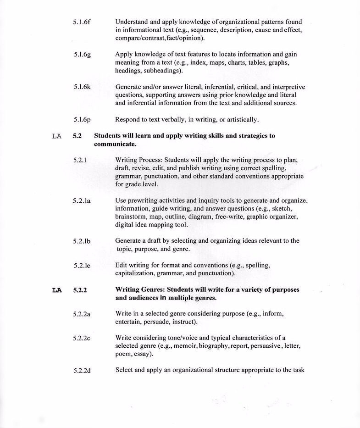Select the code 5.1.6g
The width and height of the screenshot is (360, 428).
[x=82, y=55]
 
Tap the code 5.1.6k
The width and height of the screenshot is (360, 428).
[x=82, y=87]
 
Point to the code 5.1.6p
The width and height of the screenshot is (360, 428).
[x=82, y=120]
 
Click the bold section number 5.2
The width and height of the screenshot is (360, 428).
[x=77, y=136]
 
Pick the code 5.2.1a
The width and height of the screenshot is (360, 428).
[x=82, y=200]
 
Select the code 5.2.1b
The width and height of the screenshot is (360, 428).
[x=82, y=241]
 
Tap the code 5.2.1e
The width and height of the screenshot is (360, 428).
[x=82, y=266]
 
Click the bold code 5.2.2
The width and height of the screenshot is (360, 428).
[x=80, y=290]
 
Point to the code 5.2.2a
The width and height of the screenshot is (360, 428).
[x=82, y=314]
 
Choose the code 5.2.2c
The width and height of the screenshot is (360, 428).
[x=82, y=338]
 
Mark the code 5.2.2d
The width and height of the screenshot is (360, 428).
[x=82, y=370]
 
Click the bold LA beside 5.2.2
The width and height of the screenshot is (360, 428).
[x=57, y=290]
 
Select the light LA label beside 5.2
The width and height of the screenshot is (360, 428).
[x=57, y=136]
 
